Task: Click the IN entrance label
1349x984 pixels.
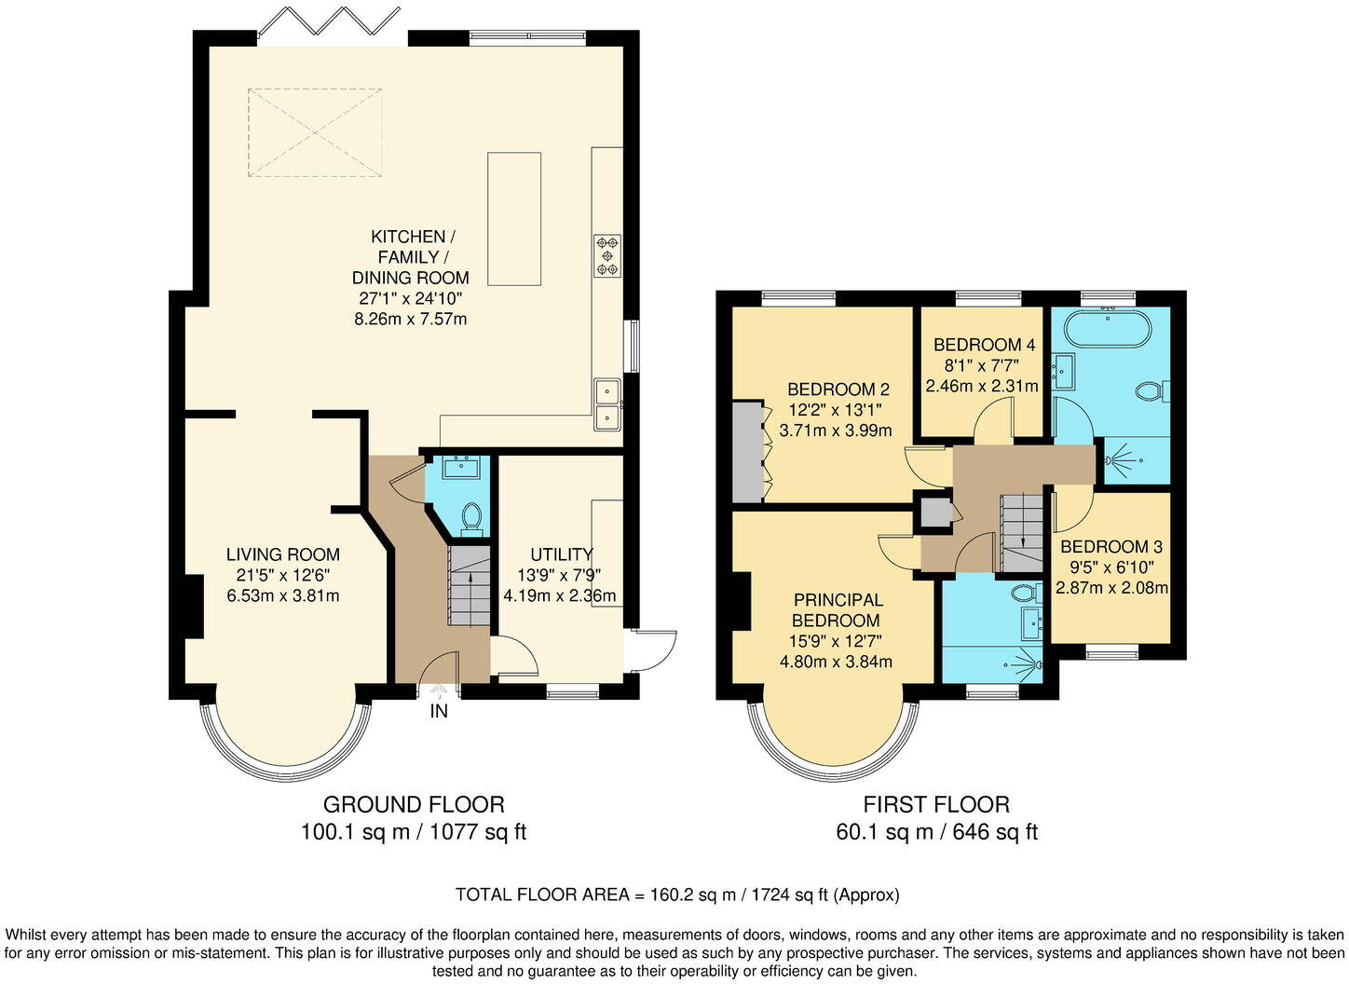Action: (438, 711)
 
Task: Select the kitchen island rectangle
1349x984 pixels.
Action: (514, 219)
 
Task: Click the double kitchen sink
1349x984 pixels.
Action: (607, 403)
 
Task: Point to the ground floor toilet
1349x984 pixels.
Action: (471, 518)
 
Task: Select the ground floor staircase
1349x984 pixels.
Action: (470, 586)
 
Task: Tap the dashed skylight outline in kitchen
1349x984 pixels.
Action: (315, 132)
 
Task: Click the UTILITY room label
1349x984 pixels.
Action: (561, 554)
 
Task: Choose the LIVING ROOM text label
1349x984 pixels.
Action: (282, 554)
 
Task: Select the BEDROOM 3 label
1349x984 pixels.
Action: (1111, 547)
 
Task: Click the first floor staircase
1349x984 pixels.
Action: (1021, 533)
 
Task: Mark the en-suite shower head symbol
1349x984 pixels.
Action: (1027, 665)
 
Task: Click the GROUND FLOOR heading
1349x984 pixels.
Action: (414, 804)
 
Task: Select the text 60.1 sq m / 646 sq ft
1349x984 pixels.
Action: (936, 832)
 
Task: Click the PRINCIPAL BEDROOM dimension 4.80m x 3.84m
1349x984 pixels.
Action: (836, 663)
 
